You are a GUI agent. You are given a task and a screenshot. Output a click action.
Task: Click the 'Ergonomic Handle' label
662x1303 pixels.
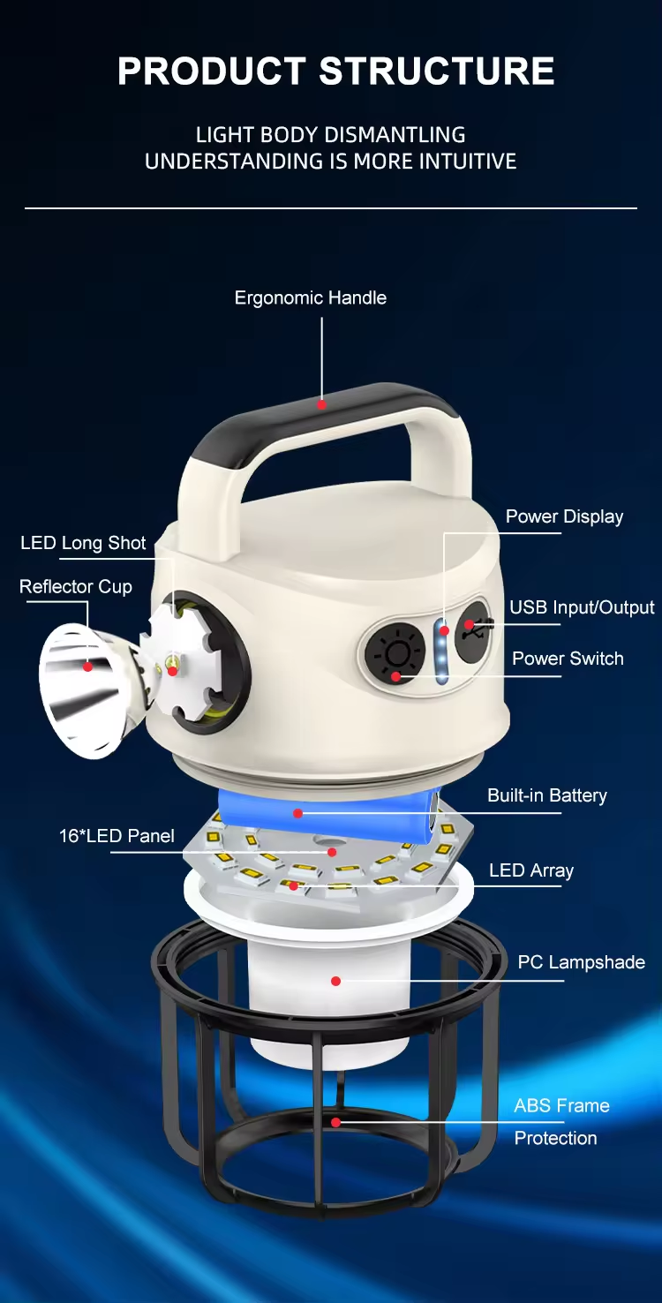point(310,298)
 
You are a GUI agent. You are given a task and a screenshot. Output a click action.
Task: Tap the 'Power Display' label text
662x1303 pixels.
point(564,516)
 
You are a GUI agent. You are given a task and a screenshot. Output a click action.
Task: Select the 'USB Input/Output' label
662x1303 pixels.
point(582,607)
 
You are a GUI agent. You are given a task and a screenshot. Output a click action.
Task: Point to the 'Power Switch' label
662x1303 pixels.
point(568,659)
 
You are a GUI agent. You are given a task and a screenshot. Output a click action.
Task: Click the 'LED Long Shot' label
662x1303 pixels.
point(83,543)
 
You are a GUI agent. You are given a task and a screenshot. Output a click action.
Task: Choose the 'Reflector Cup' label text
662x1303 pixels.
point(76,586)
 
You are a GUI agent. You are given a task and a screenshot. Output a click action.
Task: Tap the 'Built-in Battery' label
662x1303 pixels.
point(547,795)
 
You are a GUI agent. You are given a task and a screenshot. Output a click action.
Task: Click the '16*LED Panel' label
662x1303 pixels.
point(117,836)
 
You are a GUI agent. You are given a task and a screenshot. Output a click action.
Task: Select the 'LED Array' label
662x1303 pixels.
point(531,870)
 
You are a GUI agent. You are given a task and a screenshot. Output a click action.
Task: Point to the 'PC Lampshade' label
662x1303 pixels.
point(581,962)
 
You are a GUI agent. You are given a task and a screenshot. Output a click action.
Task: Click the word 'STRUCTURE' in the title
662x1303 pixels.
point(436,71)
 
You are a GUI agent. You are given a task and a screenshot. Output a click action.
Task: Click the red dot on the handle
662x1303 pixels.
point(321,404)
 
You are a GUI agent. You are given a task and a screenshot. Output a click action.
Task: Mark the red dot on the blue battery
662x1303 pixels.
point(297,813)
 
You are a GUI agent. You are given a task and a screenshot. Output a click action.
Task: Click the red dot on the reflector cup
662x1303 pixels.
point(87,667)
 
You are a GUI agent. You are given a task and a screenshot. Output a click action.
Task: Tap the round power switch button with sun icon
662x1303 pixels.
point(395,654)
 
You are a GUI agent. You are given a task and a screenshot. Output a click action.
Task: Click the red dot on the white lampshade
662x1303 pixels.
point(335,982)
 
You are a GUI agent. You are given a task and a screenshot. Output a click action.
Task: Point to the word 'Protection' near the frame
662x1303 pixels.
point(555,1138)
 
